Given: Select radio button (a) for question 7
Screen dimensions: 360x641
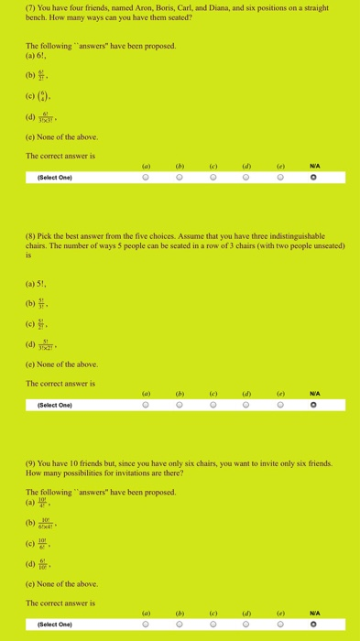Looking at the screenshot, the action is [146, 179].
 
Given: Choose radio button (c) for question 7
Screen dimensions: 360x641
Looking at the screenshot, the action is [213, 179].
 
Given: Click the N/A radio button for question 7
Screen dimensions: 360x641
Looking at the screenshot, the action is [315, 179].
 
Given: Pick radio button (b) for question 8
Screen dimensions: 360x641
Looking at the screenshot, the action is [180, 405].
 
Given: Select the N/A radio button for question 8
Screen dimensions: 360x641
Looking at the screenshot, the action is [315, 405].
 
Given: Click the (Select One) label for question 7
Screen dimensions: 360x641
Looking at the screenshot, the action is [57, 179].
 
